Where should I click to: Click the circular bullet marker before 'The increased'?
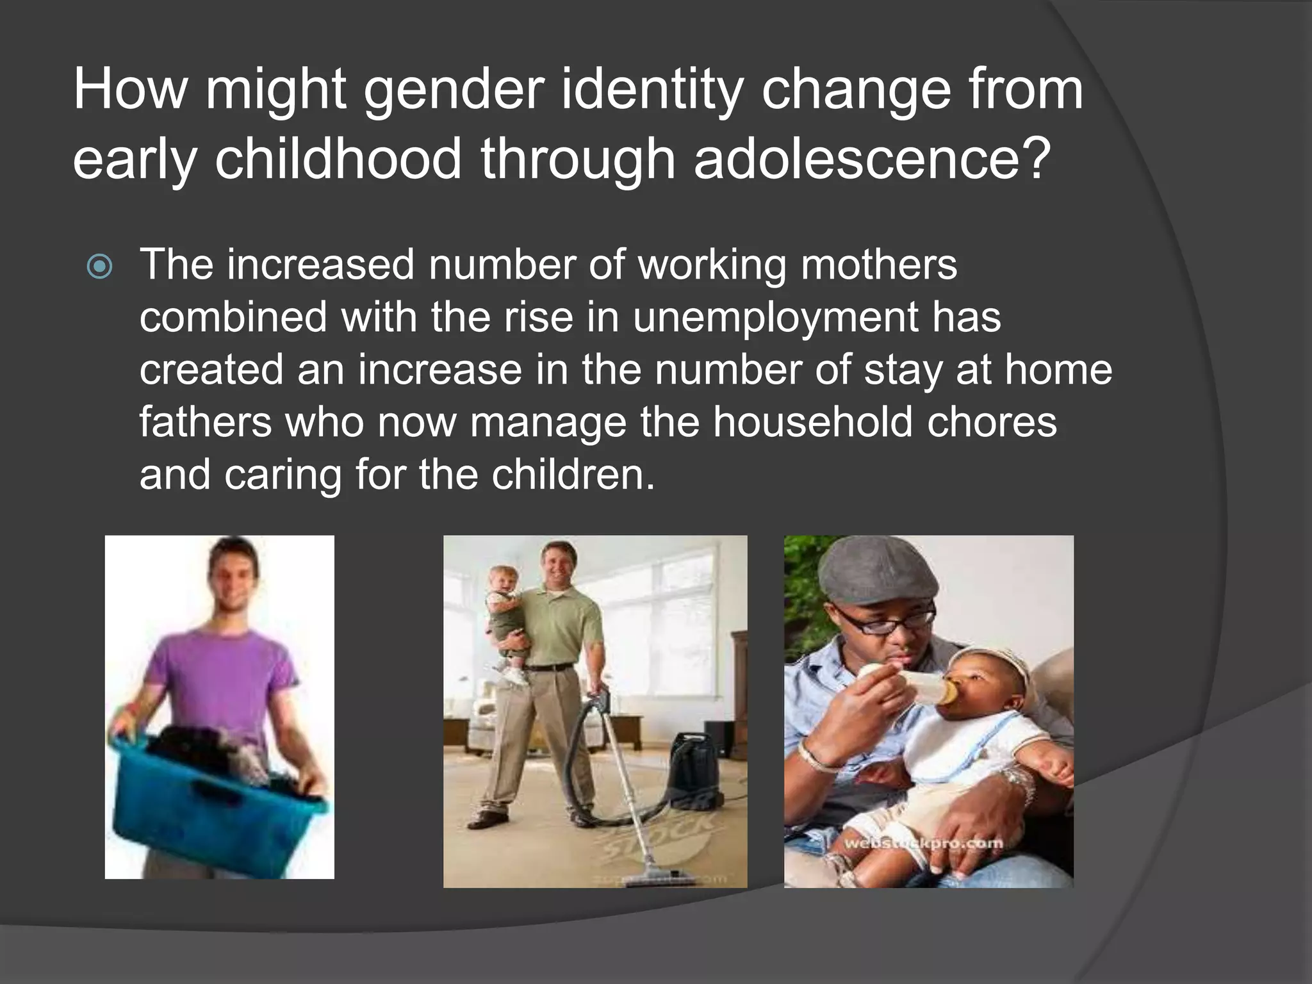point(100,266)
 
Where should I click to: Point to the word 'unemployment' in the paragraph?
point(775,317)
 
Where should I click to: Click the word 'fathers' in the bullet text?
point(205,422)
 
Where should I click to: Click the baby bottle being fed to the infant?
point(910,685)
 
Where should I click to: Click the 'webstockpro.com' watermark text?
point(923,843)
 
